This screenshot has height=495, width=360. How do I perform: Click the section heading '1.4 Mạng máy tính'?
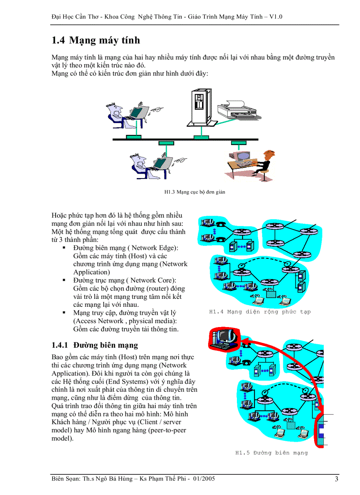(x=96, y=41)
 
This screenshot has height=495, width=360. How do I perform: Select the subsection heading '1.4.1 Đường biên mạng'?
(x=94, y=345)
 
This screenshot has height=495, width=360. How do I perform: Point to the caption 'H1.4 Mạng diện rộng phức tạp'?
(x=259, y=312)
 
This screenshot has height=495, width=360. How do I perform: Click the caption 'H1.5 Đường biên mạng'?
(x=271, y=453)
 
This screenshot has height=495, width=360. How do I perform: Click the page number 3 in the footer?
(x=336, y=479)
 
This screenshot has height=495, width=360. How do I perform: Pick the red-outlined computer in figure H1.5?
(x=224, y=339)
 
